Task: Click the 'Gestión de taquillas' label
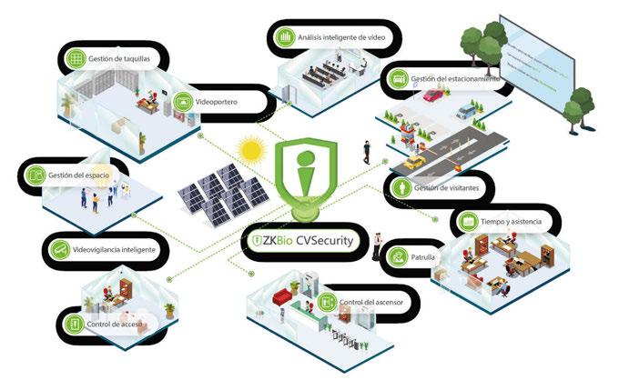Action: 118,59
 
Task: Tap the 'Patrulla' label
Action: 421,258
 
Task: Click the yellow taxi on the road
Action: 415,162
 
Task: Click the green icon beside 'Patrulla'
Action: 398,258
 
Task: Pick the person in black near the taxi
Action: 367,151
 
